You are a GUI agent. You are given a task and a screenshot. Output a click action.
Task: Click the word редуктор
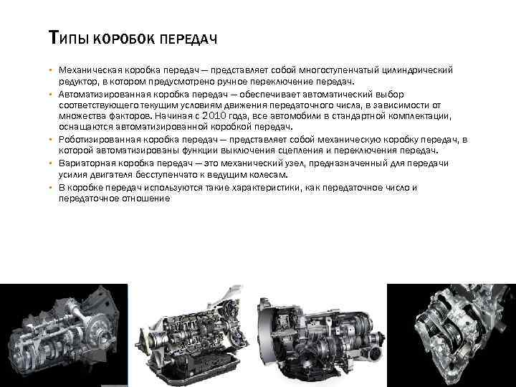(80, 81)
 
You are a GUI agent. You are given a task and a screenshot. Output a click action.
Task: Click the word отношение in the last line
(144, 199)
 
